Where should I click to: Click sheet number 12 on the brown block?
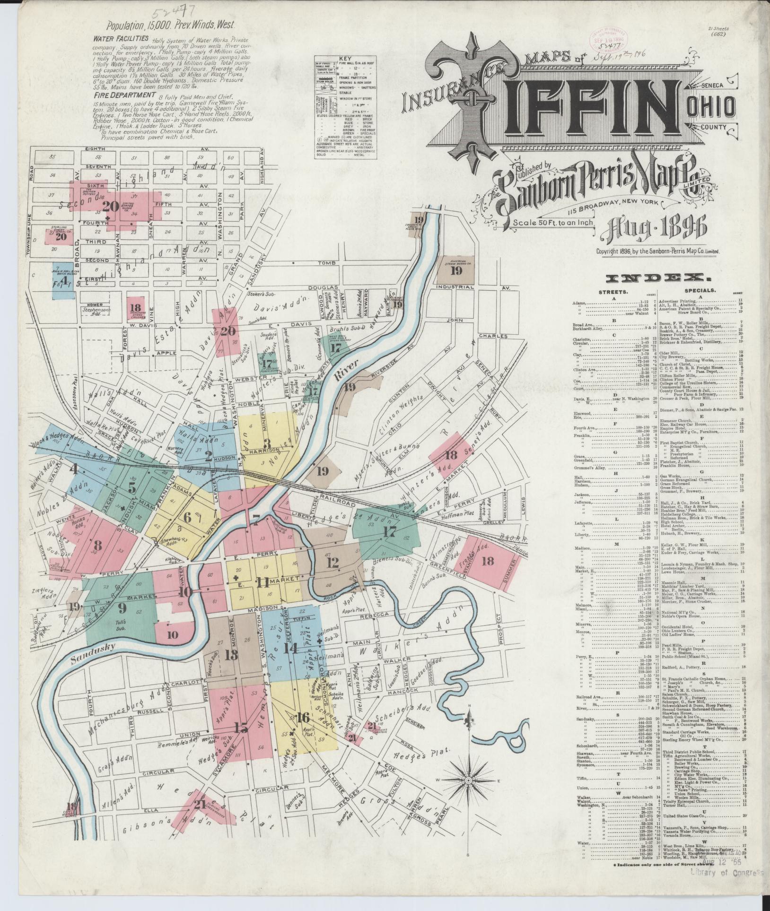coord(332,562)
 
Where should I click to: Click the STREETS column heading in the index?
coord(613,292)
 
